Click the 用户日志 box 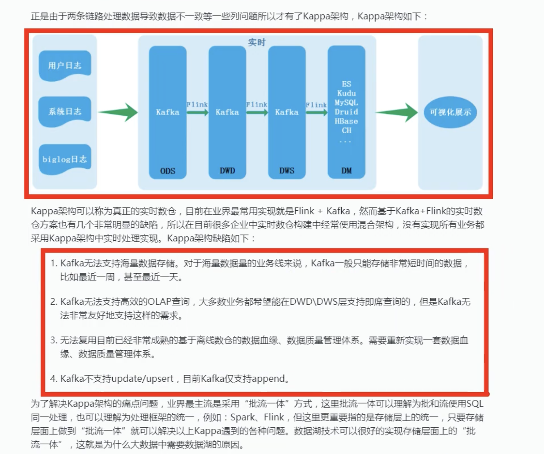pos(65,65)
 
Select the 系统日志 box pos(65,111)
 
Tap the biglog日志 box pos(65,159)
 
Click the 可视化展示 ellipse pos(450,112)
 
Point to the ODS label pos(167,171)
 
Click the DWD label pos(227,170)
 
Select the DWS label pos(286,170)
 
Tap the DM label pos(346,170)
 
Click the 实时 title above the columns pos(257,42)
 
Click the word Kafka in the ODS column pos(167,112)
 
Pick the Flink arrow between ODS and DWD pos(198,113)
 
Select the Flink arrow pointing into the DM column pos(316,113)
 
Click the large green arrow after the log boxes pos(118,112)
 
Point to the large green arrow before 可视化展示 pos(396,112)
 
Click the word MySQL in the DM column pos(346,103)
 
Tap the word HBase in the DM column pos(346,121)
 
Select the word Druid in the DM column pos(346,112)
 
